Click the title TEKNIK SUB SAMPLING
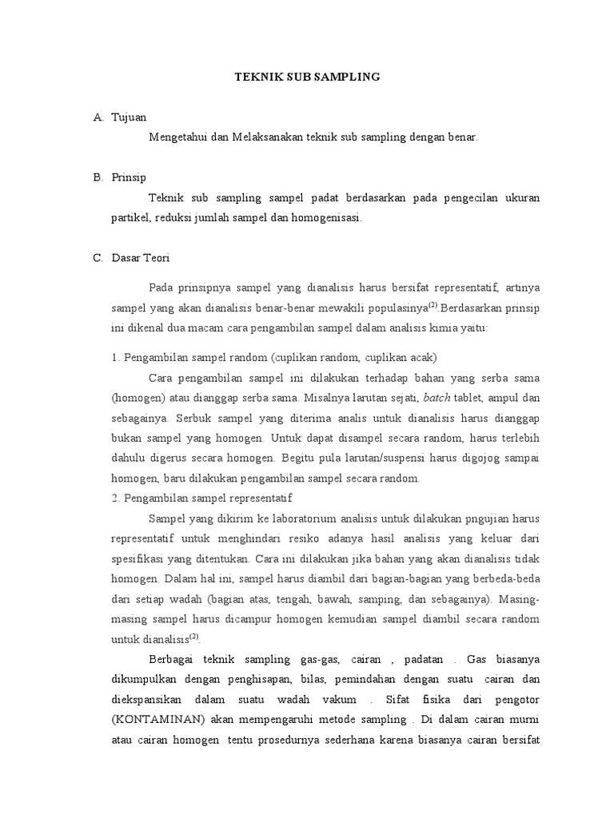pyautogui.click(x=307, y=77)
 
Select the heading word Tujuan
pyautogui.click(x=130, y=117)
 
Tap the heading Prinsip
pyautogui.click(x=130, y=177)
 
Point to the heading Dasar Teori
pyautogui.click(x=140, y=259)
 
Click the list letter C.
pyautogui.click(x=98, y=259)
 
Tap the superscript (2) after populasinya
pyautogui.click(x=433, y=304)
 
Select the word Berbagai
pyautogui.click(x=172, y=660)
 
